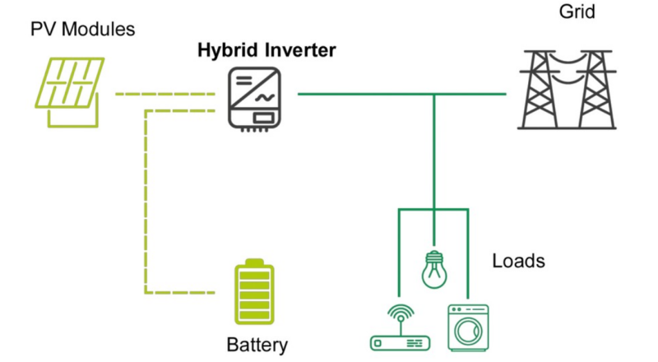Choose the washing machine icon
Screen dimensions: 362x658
tap(467, 328)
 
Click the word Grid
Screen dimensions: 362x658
tap(577, 13)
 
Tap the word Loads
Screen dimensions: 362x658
tap(518, 262)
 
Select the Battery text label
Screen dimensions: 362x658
tap(257, 344)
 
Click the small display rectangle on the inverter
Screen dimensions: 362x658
tap(262, 118)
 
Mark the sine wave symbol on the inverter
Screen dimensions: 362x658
tap(265, 98)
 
